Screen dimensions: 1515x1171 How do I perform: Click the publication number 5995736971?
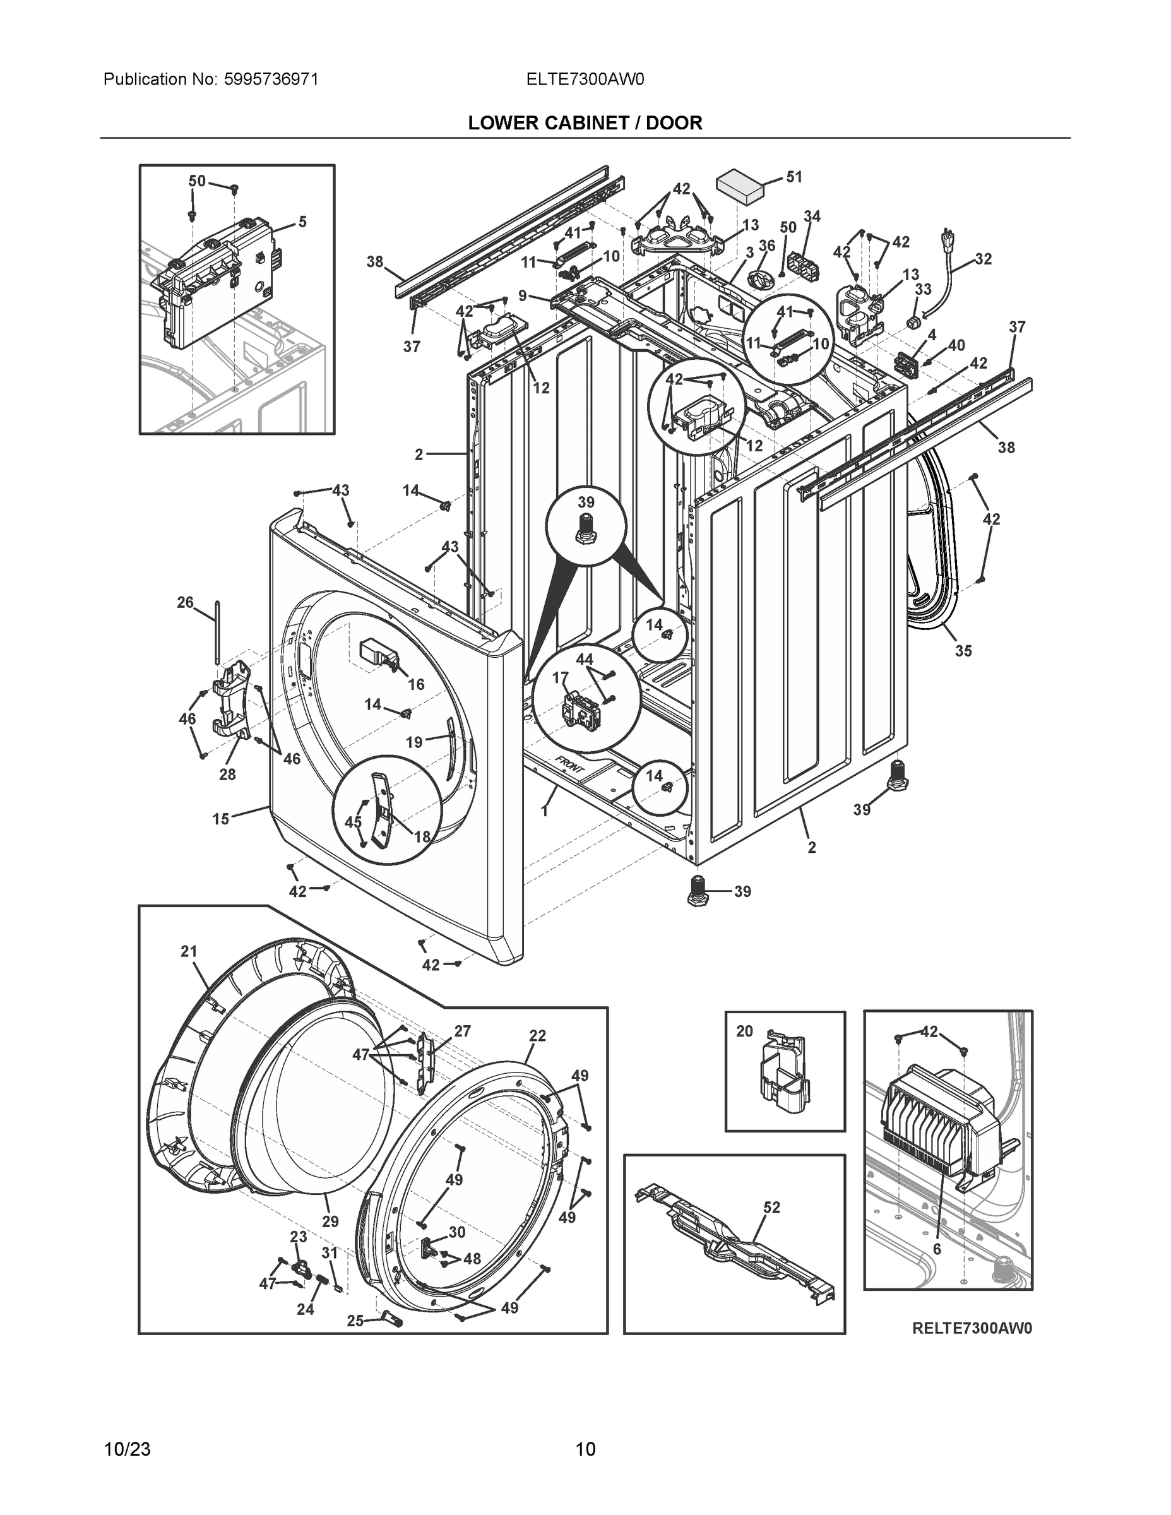tap(271, 79)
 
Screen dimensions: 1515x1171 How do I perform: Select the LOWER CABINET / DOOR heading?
tap(585, 123)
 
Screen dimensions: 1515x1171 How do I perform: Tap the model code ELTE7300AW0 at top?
tap(585, 79)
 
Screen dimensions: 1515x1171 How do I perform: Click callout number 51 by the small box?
tap(794, 177)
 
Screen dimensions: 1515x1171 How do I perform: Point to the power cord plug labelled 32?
tap(945, 239)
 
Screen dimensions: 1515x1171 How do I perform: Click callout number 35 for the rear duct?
tap(963, 651)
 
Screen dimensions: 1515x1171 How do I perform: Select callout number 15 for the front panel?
tap(220, 819)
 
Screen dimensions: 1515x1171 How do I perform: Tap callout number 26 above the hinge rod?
tap(185, 602)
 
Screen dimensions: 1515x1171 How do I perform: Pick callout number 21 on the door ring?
tap(189, 952)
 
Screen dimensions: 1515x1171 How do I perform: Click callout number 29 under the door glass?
tap(330, 1221)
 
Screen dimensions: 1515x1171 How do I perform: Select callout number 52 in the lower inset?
tap(771, 1207)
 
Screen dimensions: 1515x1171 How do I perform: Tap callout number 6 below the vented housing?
tap(937, 1249)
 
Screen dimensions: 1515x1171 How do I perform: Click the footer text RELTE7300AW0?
tap(972, 1328)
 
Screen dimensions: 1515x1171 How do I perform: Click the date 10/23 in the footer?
tap(127, 1449)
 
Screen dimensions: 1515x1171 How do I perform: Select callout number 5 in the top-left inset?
tap(302, 222)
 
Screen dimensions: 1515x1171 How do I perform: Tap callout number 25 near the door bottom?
tap(355, 1321)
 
